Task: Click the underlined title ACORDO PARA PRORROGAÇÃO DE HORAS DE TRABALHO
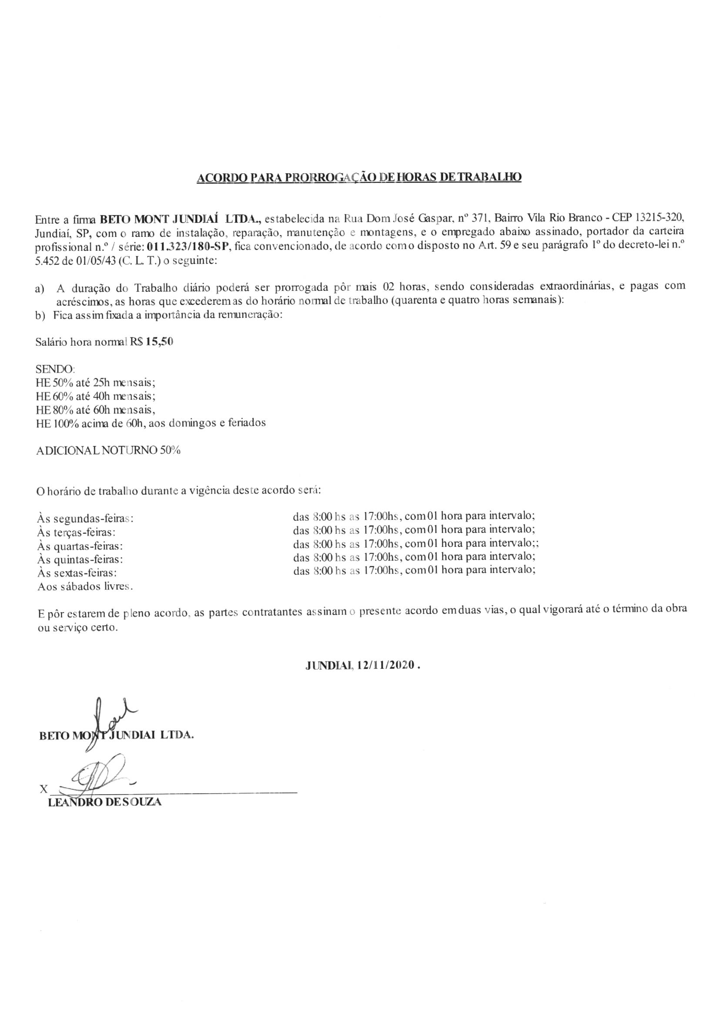click(x=359, y=177)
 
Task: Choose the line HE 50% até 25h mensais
click(x=95, y=382)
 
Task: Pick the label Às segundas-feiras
click(x=84, y=518)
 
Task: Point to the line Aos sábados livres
click(x=85, y=587)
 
